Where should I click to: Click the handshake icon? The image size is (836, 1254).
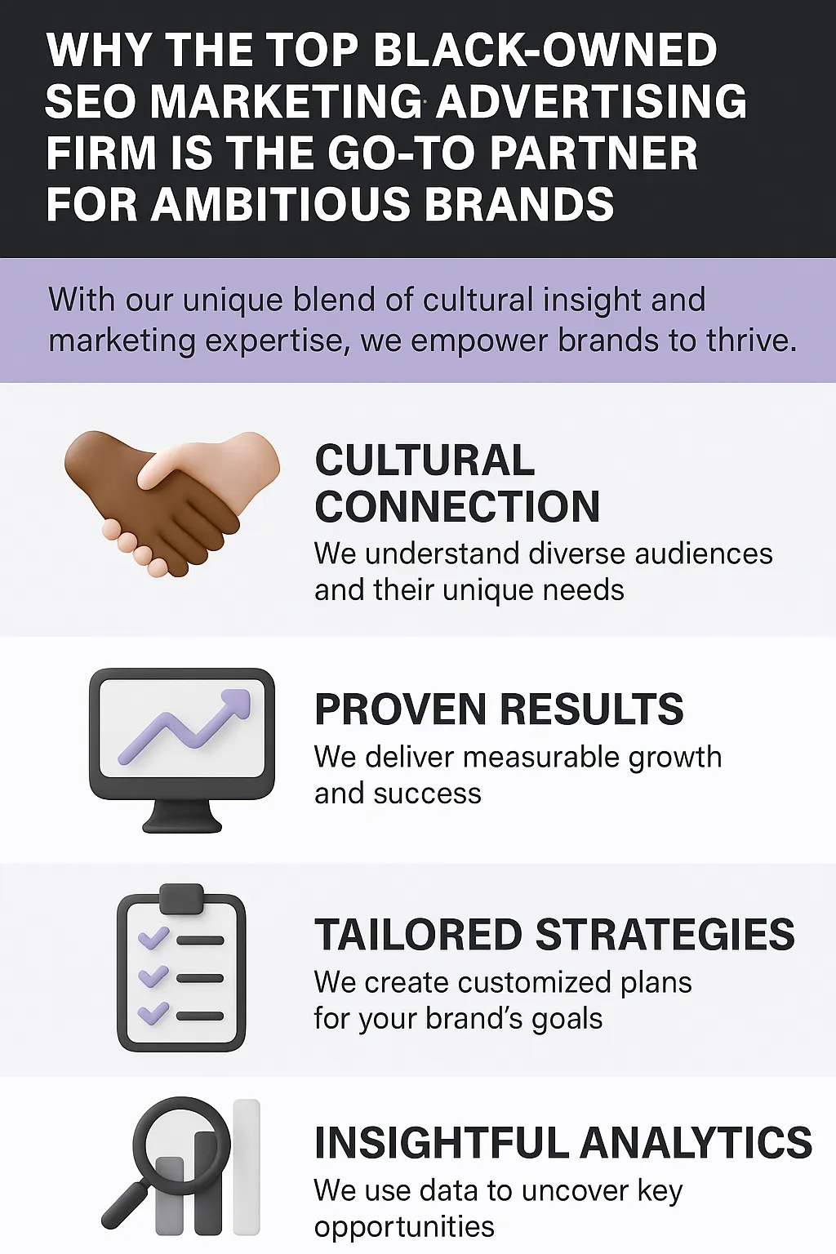click(x=172, y=502)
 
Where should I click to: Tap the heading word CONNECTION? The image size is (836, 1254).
click(x=457, y=506)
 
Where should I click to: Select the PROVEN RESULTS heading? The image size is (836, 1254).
click(x=499, y=709)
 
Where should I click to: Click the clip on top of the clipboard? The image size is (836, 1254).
click(x=181, y=898)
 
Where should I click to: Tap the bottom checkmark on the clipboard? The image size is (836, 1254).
click(x=153, y=1012)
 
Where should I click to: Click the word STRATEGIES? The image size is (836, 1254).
click(x=665, y=934)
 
